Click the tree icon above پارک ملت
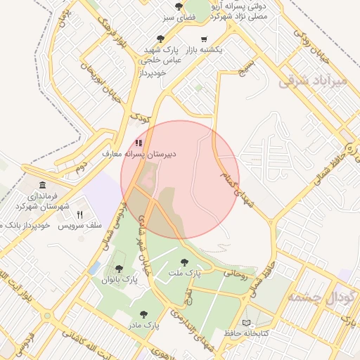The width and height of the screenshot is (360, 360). click(x=185, y=262)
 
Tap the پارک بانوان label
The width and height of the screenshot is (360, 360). click(x=120, y=280)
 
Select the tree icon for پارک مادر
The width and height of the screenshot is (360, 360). click(x=143, y=315)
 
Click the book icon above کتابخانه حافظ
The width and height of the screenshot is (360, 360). click(x=245, y=323)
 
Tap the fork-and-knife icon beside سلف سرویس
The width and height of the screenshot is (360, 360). click(x=79, y=214)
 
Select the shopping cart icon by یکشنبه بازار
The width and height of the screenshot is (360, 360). click(x=204, y=39)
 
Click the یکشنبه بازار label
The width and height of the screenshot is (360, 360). click(x=204, y=50)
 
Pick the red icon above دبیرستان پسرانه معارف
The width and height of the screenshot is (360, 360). click(x=139, y=143)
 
